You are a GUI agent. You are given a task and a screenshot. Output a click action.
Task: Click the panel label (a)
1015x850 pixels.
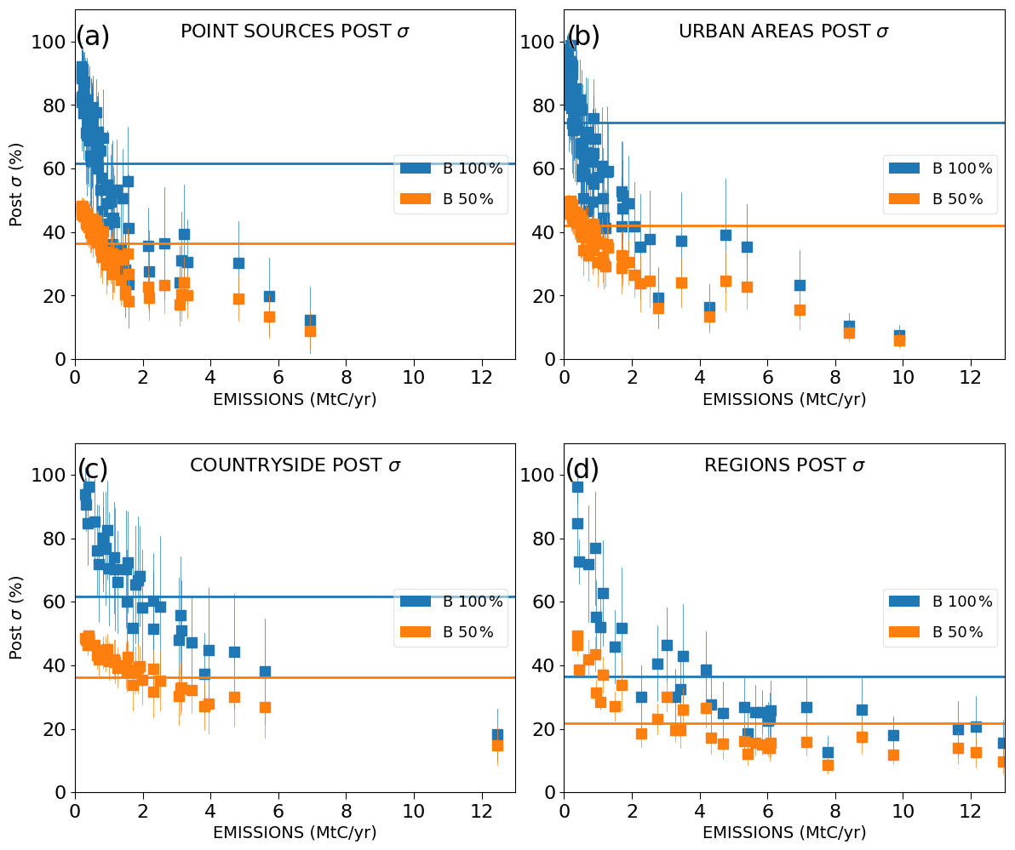tap(93, 37)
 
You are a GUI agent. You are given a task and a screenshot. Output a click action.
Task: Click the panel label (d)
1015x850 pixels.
tap(582, 470)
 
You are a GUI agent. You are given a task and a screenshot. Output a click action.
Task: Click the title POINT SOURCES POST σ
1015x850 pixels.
tap(295, 32)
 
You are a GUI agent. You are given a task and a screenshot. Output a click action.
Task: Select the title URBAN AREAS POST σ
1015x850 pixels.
tap(783, 32)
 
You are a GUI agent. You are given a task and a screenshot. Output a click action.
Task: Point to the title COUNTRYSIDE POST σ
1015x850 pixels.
tap(295, 465)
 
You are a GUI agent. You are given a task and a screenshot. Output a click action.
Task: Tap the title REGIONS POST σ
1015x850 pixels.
tap(783, 465)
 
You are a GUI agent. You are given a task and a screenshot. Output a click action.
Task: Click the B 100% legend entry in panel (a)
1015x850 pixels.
tap(452, 168)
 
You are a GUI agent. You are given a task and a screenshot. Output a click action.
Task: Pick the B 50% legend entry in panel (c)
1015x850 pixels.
tap(452, 632)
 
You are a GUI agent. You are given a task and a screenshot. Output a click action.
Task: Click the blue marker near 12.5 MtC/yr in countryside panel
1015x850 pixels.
tap(497, 734)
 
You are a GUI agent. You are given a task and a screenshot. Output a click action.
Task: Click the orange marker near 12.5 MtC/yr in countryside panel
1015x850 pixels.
tap(497, 745)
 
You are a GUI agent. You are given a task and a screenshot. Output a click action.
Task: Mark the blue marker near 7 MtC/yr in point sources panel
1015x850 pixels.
tap(310, 321)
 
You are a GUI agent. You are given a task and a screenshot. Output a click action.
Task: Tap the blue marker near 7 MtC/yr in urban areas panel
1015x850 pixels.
tap(800, 285)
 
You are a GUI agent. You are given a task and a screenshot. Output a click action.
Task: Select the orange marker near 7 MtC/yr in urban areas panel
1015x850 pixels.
tap(800, 310)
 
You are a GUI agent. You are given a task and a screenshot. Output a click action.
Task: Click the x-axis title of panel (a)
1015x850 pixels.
tap(295, 400)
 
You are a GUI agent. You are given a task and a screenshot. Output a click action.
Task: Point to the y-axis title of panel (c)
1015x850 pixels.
tap(17, 618)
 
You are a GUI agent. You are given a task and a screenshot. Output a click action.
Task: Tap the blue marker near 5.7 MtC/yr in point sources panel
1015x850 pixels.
tap(269, 296)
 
